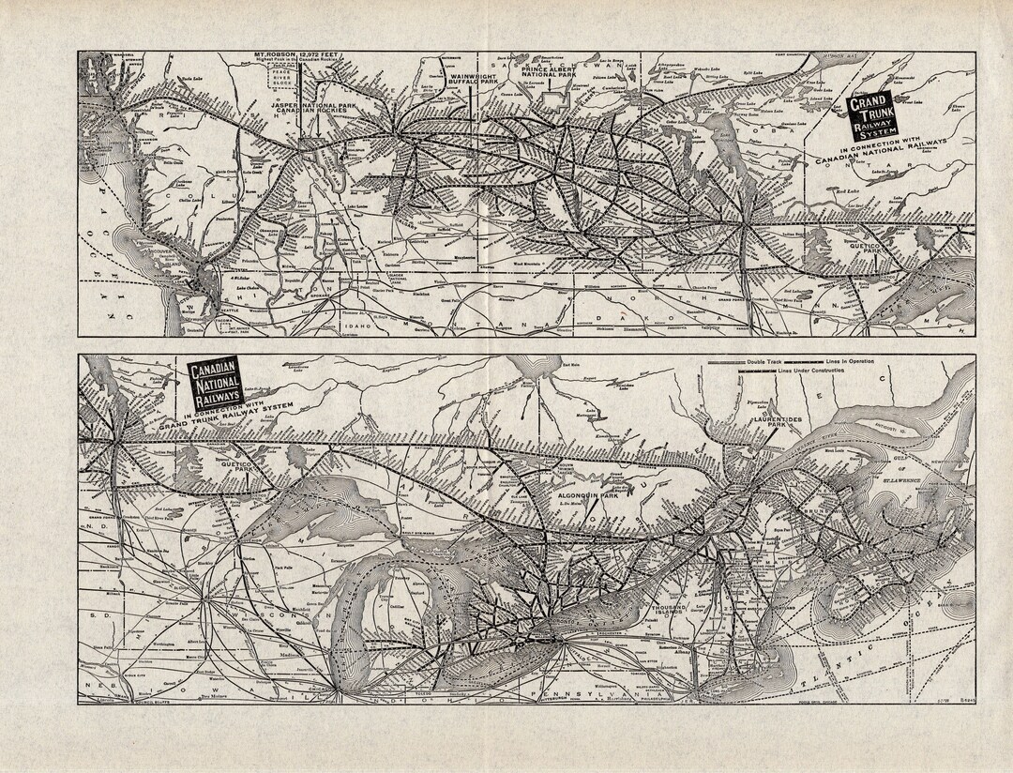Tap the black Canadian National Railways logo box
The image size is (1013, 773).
[215, 386]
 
